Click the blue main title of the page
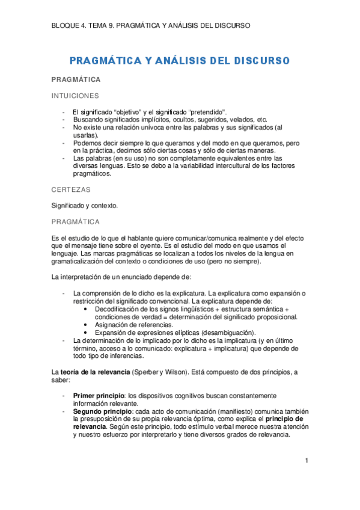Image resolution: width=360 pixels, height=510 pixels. pos(180,61)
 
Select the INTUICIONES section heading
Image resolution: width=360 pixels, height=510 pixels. pos(75,96)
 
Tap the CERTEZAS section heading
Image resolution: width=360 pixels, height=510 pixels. pos(71,189)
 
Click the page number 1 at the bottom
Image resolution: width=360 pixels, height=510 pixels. pos(306,461)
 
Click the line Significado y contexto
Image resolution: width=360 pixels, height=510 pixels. pos(85,206)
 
